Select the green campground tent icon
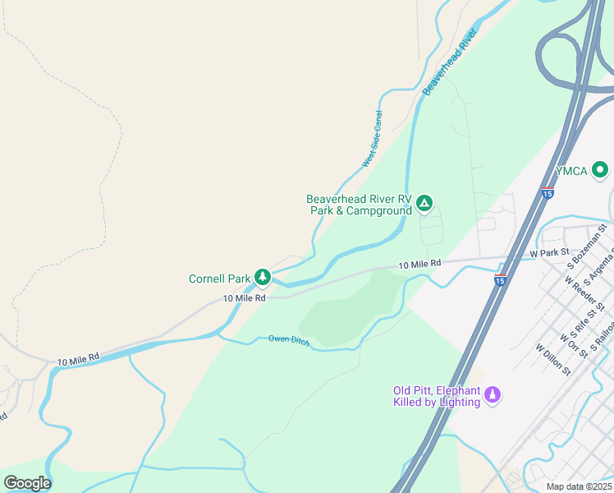[424, 203]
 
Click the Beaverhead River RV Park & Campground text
[359, 205]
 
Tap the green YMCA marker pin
[600, 171]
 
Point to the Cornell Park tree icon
[262, 277]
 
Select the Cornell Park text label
[220, 278]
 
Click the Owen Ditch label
[289, 340]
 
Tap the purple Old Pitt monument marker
[493, 395]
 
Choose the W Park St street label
[549, 252]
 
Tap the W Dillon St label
[553, 359]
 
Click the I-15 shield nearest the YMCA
[548, 194]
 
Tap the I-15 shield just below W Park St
[500, 280]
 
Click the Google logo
[27, 482]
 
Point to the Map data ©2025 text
[579, 486]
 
